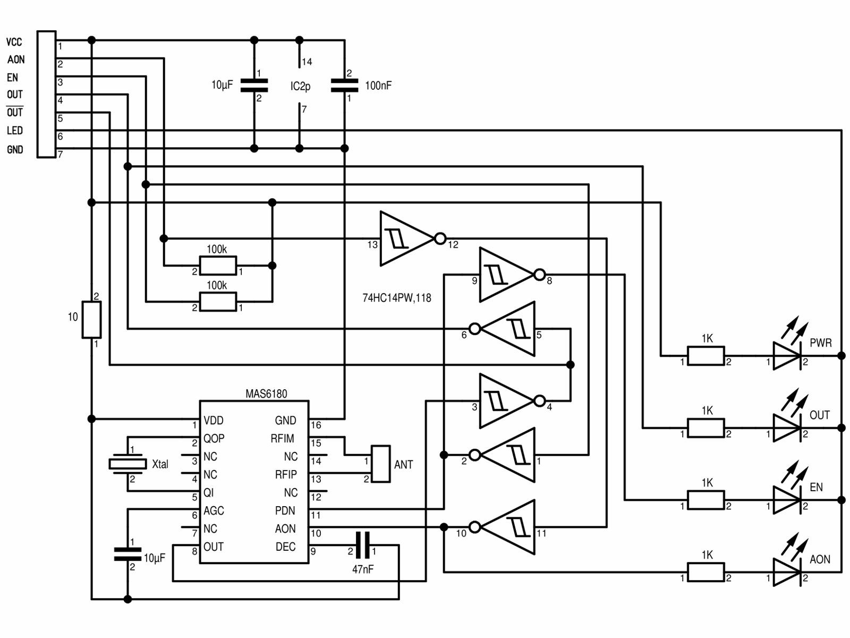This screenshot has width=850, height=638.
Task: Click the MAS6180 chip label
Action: [x=266, y=394]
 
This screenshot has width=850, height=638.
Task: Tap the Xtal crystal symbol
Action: [x=127, y=464]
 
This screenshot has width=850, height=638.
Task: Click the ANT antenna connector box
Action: [x=380, y=464]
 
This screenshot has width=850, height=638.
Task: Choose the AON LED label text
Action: [x=820, y=559]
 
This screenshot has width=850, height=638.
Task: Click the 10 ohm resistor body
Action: [x=91, y=320]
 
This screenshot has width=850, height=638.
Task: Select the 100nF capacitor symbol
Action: [x=344, y=86]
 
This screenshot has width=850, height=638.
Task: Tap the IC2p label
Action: [x=300, y=86]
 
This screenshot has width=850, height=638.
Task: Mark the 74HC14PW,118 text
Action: [x=396, y=298]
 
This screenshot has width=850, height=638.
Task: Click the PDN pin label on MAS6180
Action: [x=285, y=511]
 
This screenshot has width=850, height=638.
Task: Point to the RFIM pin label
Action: [x=282, y=439]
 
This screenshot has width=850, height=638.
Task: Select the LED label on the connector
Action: [x=15, y=131]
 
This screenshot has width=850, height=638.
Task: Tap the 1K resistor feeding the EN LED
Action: [x=705, y=500]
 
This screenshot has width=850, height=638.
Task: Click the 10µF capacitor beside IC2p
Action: [x=254, y=86]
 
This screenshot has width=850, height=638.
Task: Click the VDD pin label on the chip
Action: [x=214, y=421]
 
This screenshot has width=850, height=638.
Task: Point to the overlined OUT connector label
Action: [x=15, y=113]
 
